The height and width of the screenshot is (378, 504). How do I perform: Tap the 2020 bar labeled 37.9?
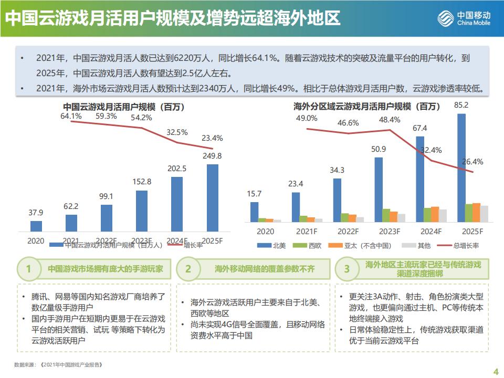(36, 226)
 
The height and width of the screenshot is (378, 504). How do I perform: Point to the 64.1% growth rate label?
(71, 116)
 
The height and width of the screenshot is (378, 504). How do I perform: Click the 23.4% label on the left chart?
(212, 139)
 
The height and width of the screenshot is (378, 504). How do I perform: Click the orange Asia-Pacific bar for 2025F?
(476, 213)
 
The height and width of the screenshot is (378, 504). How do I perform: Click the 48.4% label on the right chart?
(390, 120)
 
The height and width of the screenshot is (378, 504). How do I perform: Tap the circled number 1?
(28, 269)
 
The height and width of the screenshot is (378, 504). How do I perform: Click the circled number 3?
(346, 269)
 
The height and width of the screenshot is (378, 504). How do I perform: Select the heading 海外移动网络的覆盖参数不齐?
(265, 269)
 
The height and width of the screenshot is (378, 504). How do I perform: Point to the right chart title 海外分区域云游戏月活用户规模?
(367, 107)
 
